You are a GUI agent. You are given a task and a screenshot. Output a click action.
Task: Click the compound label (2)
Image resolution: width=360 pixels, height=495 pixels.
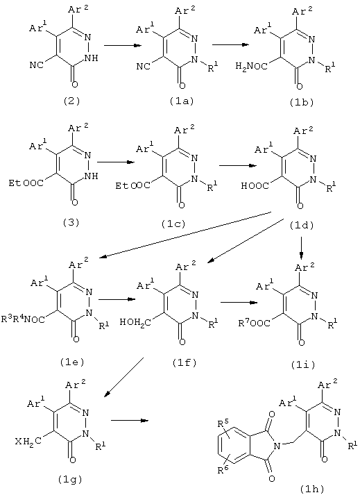[x=71, y=101]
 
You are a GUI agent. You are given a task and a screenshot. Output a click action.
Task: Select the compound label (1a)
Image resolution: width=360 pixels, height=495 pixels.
[x=181, y=101]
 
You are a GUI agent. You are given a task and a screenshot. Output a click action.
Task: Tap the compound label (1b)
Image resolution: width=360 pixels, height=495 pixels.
[x=301, y=103]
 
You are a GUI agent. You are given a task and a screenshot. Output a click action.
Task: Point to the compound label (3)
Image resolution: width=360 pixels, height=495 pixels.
[x=71, y=223]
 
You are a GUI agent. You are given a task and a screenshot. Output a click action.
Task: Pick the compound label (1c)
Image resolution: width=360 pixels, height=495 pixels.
[x=173, y=224]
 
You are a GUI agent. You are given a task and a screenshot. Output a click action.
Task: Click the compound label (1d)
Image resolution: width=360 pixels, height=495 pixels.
[x=302, y=226]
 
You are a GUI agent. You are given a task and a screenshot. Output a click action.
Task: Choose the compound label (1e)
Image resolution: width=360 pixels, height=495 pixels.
[x=72, y=362]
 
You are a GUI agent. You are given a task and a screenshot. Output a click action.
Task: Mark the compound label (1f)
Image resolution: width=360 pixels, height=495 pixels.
[x=185, y=363]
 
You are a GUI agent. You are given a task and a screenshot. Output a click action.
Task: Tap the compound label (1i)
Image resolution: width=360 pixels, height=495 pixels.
[x=303, y=364]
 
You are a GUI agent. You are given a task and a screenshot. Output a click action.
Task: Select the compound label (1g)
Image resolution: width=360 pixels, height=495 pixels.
[x=70, y=480]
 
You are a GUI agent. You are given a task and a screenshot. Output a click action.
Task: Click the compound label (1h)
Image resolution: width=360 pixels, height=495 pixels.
[x=312, y=489]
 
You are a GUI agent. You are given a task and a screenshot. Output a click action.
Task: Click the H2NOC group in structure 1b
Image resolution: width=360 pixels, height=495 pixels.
[x=252, y=67]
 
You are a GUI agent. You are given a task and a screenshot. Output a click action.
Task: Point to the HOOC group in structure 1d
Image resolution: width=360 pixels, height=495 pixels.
[x=255, y=186]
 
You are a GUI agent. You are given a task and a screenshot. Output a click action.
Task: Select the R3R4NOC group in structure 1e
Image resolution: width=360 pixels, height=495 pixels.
[x=23, y=319]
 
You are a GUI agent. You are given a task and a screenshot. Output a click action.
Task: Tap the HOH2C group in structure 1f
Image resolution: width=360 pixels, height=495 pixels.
[x=136, y=323]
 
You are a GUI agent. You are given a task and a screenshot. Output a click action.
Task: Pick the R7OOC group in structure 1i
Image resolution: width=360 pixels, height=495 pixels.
[x=254, y=323]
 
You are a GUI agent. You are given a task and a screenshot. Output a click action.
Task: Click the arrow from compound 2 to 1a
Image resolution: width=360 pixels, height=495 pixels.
[x=122, y=46]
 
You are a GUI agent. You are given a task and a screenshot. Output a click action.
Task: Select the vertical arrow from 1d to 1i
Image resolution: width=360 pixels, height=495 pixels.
[x=302, y=248]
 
